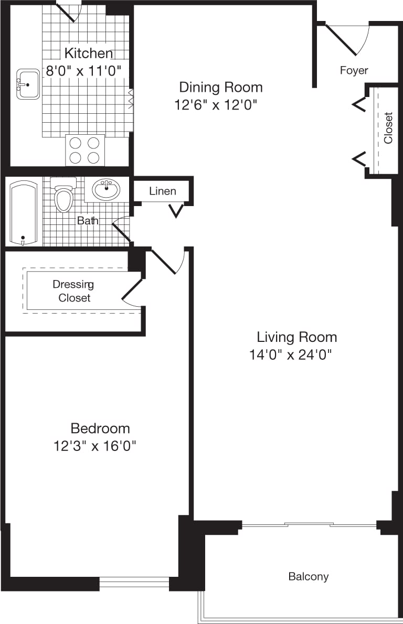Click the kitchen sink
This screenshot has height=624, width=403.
click(28, 83)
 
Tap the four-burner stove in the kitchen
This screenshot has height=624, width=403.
click(84, 150)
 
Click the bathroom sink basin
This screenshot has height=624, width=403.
click(106, 189)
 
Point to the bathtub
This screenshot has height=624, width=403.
click(23, 213)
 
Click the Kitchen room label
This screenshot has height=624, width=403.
click(88, 53)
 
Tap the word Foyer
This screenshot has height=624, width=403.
click(354, 70)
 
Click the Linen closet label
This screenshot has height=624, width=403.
click(162, 191)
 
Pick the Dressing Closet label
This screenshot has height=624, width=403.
click(74, 291)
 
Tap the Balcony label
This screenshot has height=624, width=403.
click(309, 577)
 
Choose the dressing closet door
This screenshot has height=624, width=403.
click(132, 292)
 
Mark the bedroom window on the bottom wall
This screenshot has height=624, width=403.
click(134, 582)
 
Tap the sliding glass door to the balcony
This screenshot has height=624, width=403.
click(309, 524)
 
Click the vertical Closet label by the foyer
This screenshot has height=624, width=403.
click(388, 127)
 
